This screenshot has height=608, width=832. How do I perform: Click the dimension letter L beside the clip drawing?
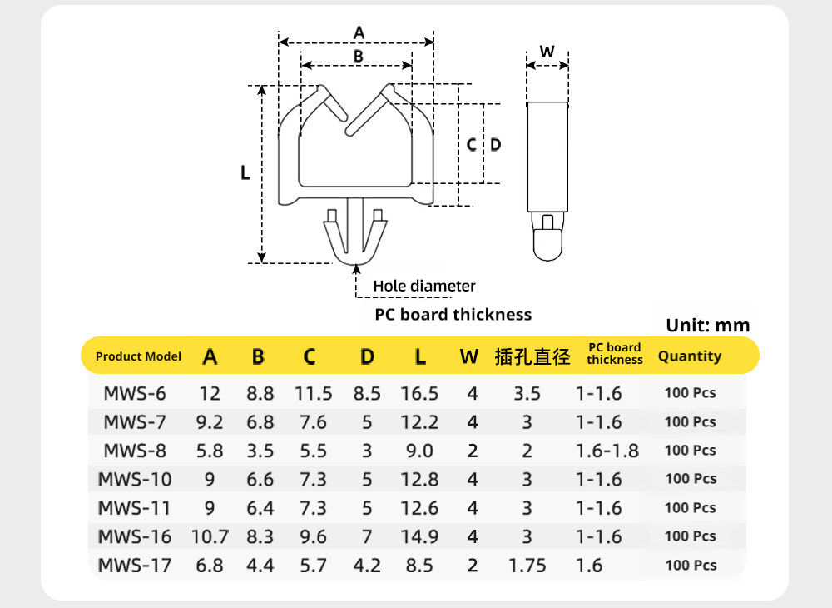(x=245, y=172)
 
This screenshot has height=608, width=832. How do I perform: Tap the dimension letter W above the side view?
(x=547, y=52)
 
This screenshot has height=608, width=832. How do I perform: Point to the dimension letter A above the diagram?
(x=359, y=33)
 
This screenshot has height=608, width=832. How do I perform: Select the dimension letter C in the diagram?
(x=471, y=144)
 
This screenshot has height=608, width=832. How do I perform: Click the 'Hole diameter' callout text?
(x=424, y=286)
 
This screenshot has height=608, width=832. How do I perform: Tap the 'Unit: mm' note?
(x=708, y=325)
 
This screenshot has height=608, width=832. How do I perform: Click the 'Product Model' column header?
(x=138, y=356)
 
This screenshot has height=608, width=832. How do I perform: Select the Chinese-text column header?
(x=532, y=356)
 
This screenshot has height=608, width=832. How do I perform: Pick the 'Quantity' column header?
(x=690, y=356)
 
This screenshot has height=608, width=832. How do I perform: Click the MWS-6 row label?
(x=135, y=393)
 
